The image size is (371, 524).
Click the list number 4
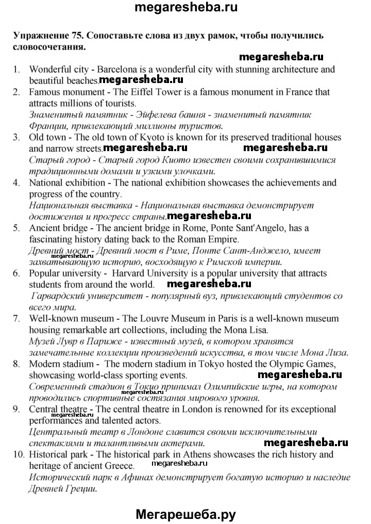16,183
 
